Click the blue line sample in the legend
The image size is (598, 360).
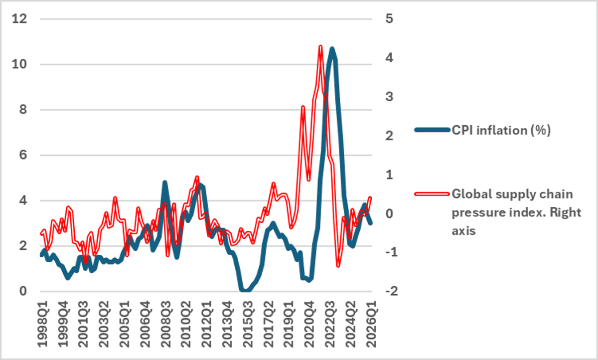tap(433, 131)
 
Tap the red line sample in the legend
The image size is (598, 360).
tap(433, 193)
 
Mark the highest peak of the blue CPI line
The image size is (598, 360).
tap(331, 49)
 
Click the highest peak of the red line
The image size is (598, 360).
tap(320, 47)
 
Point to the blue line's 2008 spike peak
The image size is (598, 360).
tap(164, 182)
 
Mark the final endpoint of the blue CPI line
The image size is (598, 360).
tap(371, 223)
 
